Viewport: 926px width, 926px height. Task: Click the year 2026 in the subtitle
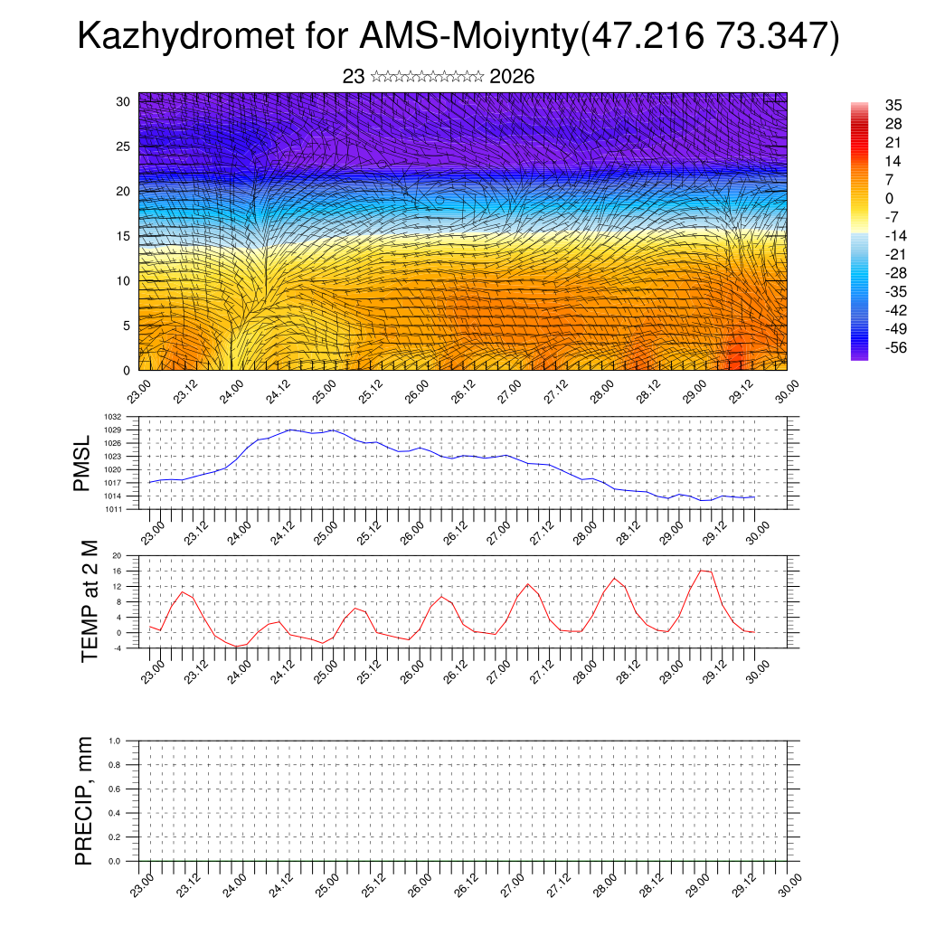[x=512, y=77]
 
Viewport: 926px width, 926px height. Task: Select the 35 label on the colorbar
[x=868, y=105]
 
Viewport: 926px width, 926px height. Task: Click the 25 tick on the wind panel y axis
[x=124, y=146]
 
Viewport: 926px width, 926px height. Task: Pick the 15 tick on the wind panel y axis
[x=124, y=236]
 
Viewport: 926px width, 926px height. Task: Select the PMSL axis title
[x=82, y=463]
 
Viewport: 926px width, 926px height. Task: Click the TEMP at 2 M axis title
[x=89, y=600]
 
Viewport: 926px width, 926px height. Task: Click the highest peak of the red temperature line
[x=702, y=570]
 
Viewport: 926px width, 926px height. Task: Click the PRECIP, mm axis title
[x=84, y=800]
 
